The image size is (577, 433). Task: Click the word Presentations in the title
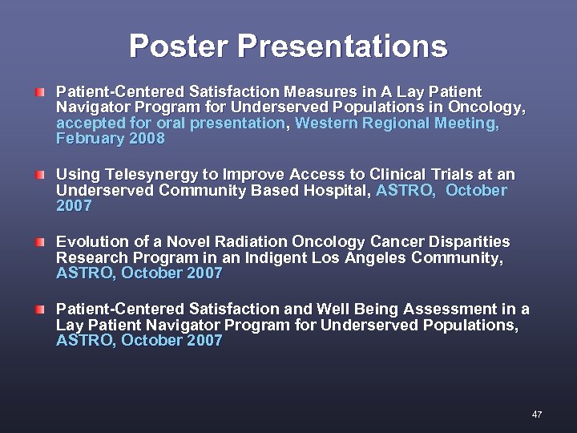[x=342, y=46]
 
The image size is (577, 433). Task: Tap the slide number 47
[x=537, y=415]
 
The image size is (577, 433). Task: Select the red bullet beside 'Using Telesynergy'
[x=40, y=174]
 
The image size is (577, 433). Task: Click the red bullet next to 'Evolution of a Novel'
[x=40, y=241]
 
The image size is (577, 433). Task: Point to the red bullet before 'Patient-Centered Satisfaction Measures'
[x=40, y=91]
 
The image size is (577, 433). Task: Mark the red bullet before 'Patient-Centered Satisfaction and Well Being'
[x=40, y=309]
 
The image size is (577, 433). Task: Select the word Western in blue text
[x=327, y=123]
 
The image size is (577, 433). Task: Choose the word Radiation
[x=262, y=241]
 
